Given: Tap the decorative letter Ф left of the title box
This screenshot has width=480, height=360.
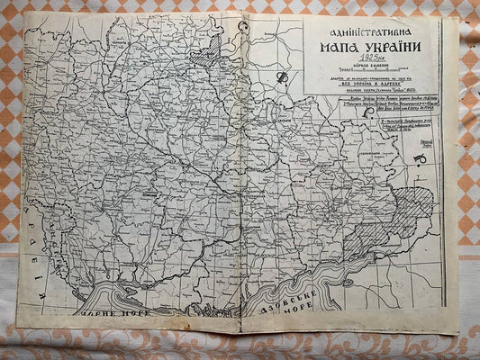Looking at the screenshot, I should pos(281,78).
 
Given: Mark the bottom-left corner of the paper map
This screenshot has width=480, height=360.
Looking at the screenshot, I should pos(17,324).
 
